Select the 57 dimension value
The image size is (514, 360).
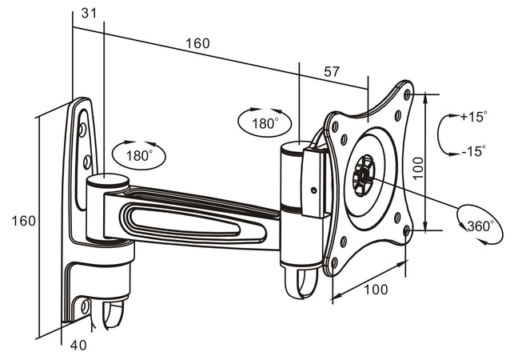332,71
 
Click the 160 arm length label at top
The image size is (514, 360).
197,43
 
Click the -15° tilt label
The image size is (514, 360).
472,150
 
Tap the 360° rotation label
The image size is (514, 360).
480,226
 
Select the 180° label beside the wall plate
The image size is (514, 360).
138,155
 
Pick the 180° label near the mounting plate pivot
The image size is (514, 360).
265,124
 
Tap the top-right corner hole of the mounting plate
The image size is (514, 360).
408,94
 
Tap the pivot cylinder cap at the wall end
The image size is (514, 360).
107,179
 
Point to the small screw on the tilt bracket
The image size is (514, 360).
313,190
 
